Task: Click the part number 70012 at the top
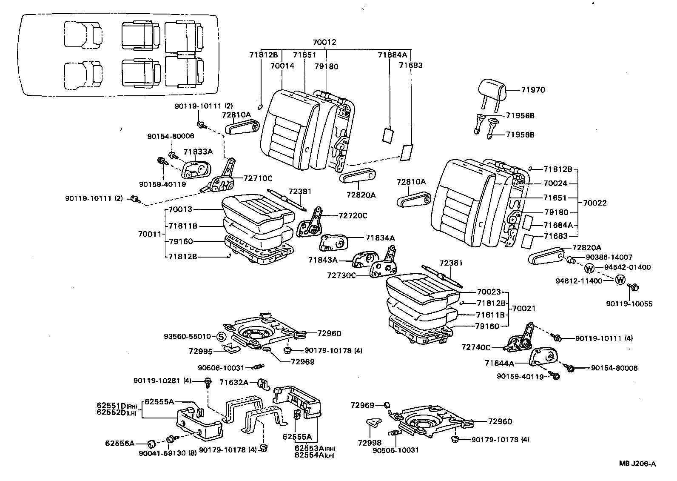[x=324, y=42]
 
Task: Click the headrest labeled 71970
[x=492, y=90]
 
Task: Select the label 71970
[x=533, y=90]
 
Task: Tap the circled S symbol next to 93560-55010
[x=221, y=337]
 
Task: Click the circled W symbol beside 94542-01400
[x=589, y=268]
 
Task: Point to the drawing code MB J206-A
[x=637, y=464]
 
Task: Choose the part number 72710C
[x=258, y=178]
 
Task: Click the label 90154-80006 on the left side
[x=171, y=136]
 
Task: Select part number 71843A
[x=323, y=260]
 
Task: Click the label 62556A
[x=120, y=443]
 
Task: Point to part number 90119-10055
[x=629, y=304]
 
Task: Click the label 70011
[x=150, y=234]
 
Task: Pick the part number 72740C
[x=476, y=347]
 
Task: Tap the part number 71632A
[x=234, y=383]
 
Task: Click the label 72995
[x=200, y=351]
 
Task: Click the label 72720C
[x=353, y=215]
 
